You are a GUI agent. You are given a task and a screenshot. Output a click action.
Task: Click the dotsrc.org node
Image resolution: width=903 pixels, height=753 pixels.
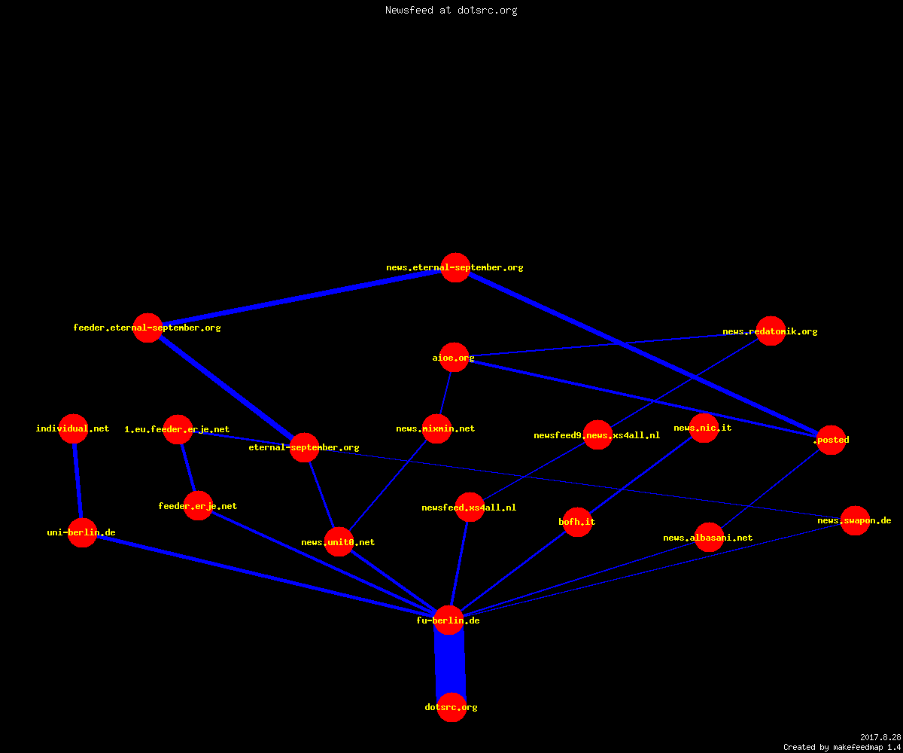[x=451, y=707]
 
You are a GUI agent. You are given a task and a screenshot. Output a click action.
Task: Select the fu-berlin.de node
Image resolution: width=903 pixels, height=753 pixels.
[x=448, y=620]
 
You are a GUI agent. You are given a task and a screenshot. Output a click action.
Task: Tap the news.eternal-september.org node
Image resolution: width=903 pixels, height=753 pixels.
[x=455, y=267]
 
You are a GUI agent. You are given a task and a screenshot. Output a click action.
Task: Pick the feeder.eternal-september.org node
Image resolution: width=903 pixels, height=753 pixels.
[x=147, y=328]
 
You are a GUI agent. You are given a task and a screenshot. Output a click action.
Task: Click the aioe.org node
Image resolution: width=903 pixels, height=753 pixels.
[x=454, y=358]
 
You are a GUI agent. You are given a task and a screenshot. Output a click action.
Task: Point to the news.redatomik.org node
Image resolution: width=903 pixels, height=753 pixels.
[x=771, y=331]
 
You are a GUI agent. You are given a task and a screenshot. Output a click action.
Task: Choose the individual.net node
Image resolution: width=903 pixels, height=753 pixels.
[x=73, y=428]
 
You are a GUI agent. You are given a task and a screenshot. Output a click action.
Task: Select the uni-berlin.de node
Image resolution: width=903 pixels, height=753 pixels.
[x=82, y=532]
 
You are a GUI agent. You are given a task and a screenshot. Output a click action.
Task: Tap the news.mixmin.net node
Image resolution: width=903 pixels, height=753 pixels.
[x=436, y=428]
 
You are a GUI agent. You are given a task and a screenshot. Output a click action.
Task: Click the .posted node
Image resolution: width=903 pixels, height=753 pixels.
[x=831, y=440]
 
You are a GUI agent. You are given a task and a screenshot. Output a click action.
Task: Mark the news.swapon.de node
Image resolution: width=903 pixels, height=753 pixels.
[x=855, y=520]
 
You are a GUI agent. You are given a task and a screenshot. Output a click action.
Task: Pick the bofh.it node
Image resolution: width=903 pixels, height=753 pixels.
[x=577, y=522]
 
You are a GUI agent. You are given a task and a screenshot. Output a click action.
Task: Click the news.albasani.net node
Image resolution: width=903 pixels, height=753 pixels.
[x=709, y=538]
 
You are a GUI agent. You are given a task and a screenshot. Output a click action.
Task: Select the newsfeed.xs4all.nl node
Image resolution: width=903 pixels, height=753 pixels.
[x=470, y=508]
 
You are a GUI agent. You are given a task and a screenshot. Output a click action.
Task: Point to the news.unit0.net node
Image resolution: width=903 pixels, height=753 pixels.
[x=339, y=542]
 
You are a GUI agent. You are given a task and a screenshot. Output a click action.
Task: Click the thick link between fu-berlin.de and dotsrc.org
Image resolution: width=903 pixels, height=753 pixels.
[x=450, y=664]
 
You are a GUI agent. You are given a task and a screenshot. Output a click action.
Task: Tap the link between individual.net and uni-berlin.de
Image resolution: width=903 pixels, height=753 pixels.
[x=78, y=480]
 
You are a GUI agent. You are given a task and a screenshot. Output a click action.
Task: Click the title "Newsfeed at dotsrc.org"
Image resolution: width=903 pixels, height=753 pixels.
[x=451, y=10]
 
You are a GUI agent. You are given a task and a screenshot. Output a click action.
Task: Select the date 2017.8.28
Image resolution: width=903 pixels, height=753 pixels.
[x=880, y=737]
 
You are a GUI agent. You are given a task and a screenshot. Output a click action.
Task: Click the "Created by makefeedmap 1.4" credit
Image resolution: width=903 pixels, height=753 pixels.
[x=842, y=747]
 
